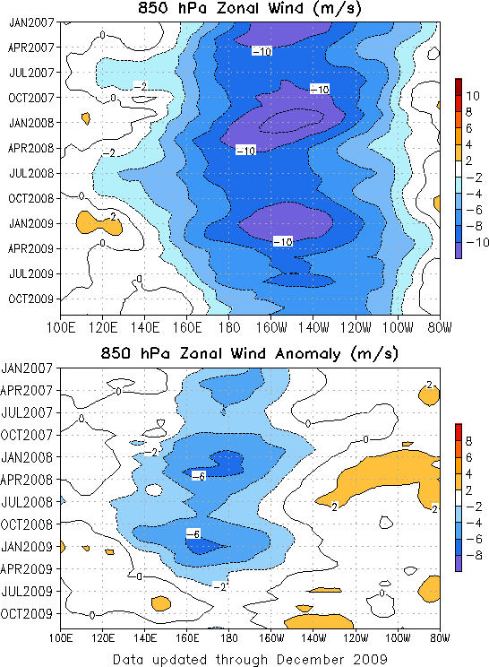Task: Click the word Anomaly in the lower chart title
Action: click(x=307, y=354)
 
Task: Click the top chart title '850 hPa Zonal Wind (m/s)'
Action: click(x=250, y=8)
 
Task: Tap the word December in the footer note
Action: click(x=310, y=659)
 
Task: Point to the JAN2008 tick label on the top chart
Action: click(x=31, y=123)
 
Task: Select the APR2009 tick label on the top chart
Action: click(x=31, y=248)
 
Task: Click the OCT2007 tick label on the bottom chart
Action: click(x=27, y=435)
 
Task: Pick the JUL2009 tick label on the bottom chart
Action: click(x=27, y=592)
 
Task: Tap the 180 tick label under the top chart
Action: click(x=228, y=327)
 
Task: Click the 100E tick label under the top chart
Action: click(x=61, y=327)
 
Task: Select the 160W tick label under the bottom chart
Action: click(x=271, y=638)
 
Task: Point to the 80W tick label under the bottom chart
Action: click(x=439, y=638)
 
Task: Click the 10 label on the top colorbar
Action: click(x=472, y=96)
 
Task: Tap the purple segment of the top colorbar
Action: click(x=459, y=250)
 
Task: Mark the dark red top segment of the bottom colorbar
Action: click(x=459, y=432)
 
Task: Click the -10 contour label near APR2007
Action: click(x=262, y=51)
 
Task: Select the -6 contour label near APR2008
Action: click(x=198, y=476)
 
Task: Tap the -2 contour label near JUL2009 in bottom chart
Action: click(x=219, y=586)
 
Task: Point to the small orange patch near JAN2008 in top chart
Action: click(x=86, y=117)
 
